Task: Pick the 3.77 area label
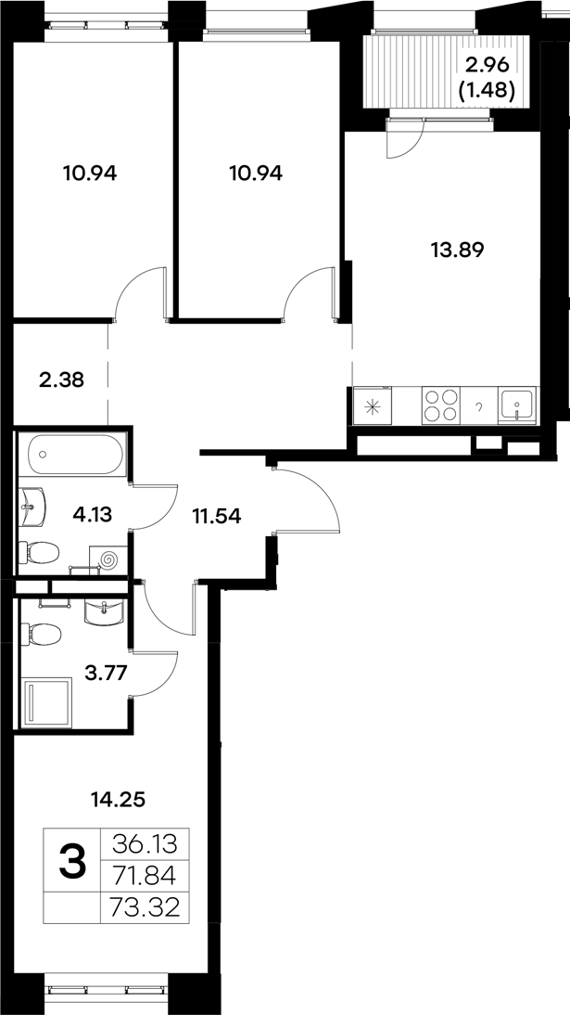point(106,675)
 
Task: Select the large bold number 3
point(72,863)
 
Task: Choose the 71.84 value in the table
point(149,876)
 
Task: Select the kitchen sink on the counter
point(515,405)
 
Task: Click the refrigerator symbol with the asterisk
point(372,405)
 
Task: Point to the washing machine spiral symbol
point(108,559)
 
